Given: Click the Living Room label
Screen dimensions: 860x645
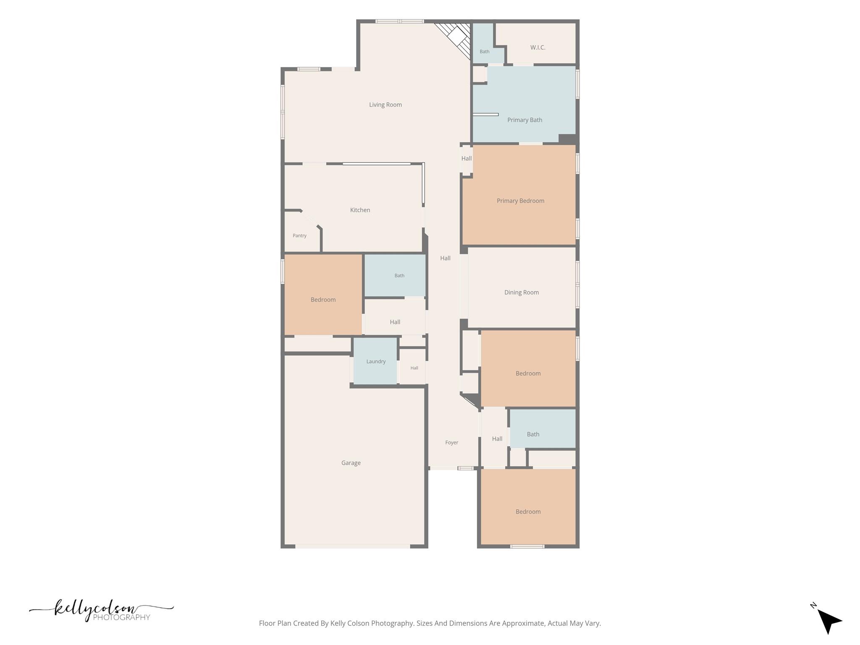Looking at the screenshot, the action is click(x=385, y=105).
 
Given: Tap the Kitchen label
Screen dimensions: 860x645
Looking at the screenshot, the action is click(x=360, y=210).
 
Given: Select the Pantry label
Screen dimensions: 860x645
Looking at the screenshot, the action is click(x=299, y=236).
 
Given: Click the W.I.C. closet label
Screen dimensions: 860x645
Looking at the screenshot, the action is click(x=538, y=47).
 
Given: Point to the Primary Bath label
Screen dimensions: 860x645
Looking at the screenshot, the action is click(x=525, y=120).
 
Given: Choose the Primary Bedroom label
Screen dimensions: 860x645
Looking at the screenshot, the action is click(x=521, y=201).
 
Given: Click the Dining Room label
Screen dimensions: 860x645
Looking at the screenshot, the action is click(x=522, y=292).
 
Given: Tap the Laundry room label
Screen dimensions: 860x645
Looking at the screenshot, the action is click(x=376, y=362).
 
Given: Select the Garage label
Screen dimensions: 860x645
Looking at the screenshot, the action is click(x=351, y=463).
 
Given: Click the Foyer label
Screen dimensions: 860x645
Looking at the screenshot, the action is click(x=452, y=443).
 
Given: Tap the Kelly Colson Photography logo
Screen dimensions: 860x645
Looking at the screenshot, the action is click(x=101, y=610).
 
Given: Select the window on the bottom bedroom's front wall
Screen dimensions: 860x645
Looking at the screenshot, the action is click(x=527, y=546).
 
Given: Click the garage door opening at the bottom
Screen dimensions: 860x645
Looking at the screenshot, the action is click(x=353, y=546).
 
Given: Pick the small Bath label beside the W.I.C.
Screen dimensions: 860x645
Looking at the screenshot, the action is click(x=485, y=52).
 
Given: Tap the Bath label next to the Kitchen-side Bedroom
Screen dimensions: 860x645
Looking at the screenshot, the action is click(x=399, y=276).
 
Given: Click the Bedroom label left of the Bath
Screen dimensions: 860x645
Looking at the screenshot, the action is click(x=323, y=300).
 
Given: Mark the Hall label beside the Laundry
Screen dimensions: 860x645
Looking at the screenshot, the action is click(x=414, y=368).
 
